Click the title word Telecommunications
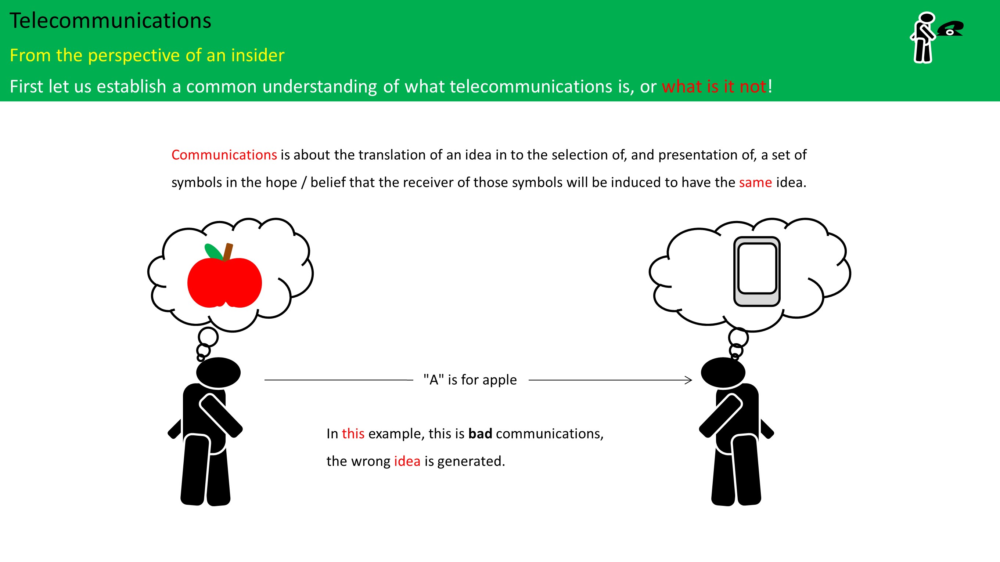[x=110, y=21]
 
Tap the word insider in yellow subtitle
[x=258, y=55]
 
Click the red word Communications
[x=224, y=155]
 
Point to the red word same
[x=755, y=182]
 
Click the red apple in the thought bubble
[x=224, y=282]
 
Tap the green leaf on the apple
[x=213, y=251]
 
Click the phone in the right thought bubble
[x=757, y=272]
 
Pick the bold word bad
[x=480, y=434]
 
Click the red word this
[x=353, y=434]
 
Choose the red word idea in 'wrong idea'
[x=407, y=461]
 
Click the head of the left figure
[x=218, y=372]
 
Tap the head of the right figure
[x=723, y=372]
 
